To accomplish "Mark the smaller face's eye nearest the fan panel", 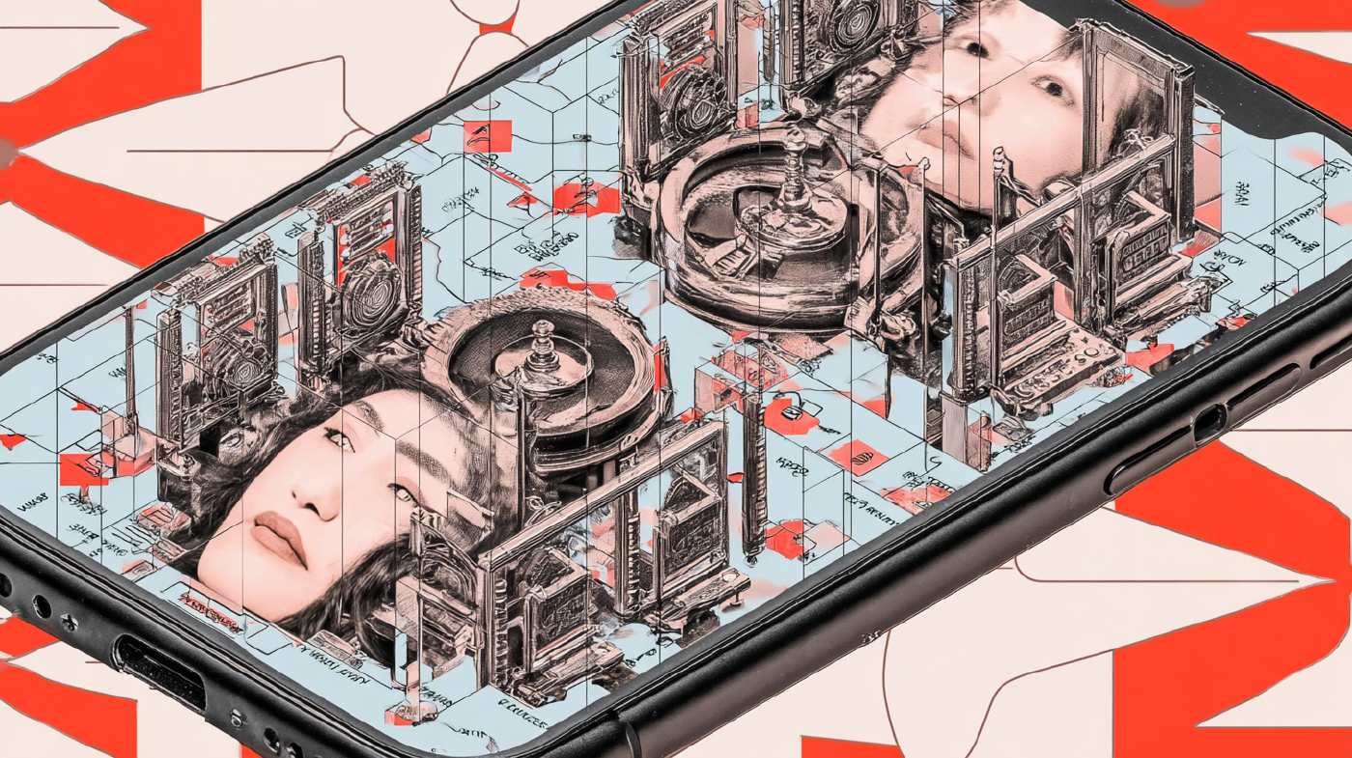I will pos(971,48).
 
